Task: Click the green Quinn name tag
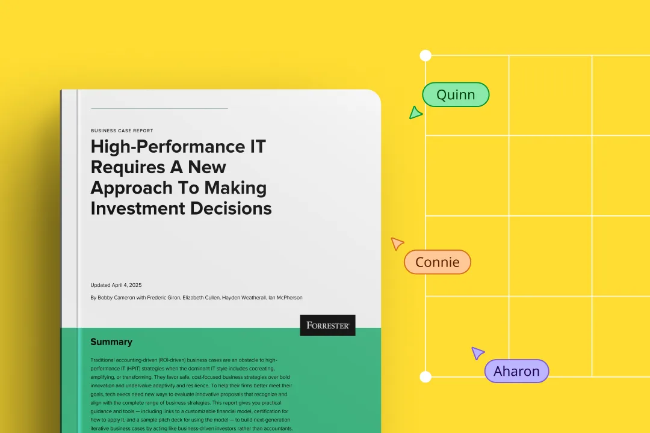456,94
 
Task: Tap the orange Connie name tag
438,262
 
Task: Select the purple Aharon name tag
516,371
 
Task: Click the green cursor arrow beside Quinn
415,112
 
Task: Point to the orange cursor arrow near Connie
397,243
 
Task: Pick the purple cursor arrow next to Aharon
477,353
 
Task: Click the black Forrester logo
327,325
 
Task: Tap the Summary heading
111,342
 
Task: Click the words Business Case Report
122,131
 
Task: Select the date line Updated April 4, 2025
116,285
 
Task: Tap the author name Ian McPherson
286,298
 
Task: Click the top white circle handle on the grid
426,55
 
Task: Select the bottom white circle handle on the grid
426,376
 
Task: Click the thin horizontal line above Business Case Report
159,109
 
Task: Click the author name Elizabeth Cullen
201,298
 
